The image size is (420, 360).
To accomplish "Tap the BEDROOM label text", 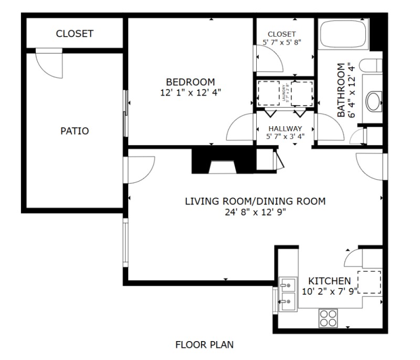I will coord(190,82).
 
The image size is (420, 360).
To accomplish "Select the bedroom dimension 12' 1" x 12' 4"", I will coord(191,92).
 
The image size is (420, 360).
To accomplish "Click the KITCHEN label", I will coord(329,281).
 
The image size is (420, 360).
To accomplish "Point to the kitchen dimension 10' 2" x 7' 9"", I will coord(329,290).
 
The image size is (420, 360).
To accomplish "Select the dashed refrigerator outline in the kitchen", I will coord(369,282).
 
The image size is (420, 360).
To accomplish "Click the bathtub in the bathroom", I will coord(344,35).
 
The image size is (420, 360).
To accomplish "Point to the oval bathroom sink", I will coord(374,101).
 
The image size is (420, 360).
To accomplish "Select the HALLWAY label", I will coord(285,129).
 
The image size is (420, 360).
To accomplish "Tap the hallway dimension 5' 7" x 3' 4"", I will coord(285,137).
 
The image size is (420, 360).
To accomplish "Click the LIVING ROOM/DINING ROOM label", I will coord(255,201).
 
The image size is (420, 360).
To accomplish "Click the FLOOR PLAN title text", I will coord(204,345).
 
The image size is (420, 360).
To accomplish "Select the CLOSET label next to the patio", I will coord(75,34).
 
